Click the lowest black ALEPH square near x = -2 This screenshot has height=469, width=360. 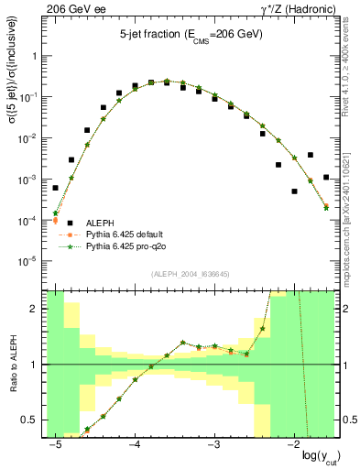tap(294, 191)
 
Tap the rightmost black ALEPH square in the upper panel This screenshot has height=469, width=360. tap(326, 177)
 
